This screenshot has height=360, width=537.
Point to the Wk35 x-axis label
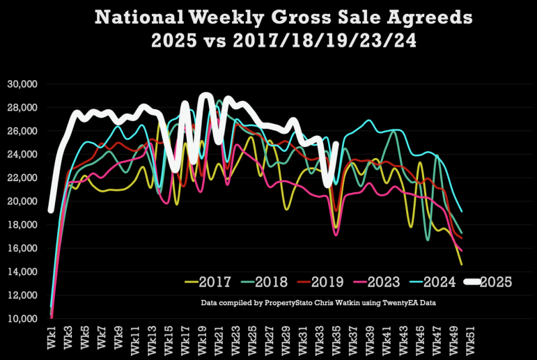pos(336,337)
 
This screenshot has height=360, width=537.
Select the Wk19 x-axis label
pos(202,337)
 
